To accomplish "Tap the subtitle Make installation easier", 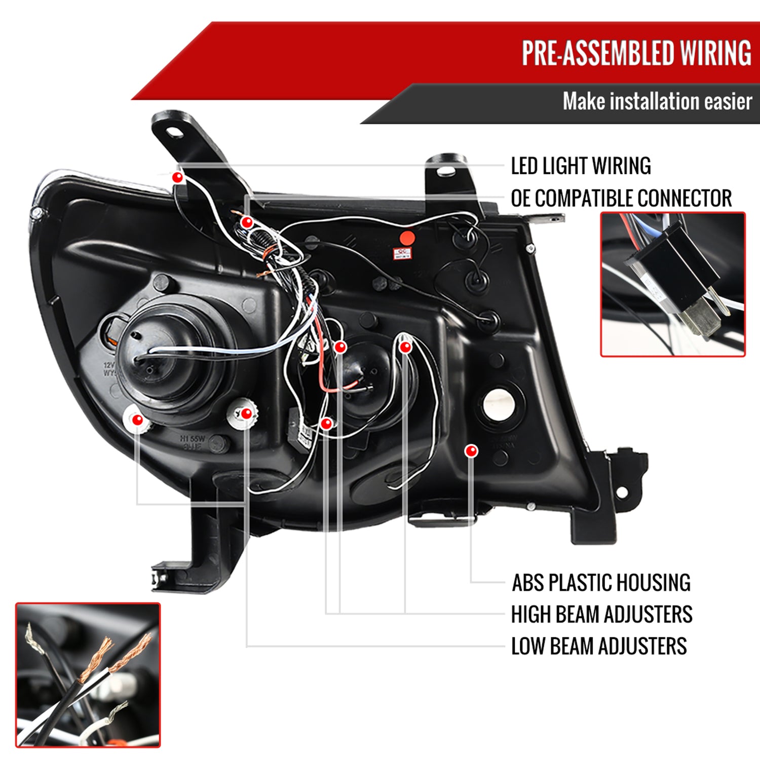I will (657, 101).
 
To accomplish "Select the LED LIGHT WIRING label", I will (581, 166).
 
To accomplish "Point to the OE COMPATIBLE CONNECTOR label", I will (621, 198).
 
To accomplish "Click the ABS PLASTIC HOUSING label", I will (601, 583).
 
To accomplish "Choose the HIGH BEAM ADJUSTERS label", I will (601, 614).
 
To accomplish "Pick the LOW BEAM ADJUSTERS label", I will (599, 646).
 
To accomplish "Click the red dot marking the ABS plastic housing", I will (471, 450).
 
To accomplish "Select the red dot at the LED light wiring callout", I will (177, 177).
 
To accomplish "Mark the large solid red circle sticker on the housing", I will (407, 238).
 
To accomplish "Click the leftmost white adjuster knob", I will (137, 419).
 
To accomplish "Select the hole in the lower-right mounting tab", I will (622, 492).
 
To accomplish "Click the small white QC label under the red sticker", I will (403, 253).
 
